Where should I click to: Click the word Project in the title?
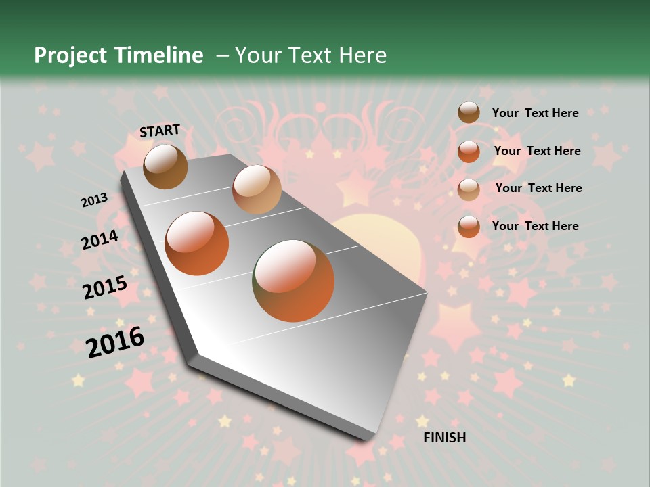pos(71,55)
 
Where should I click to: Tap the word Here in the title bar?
pos(362,55)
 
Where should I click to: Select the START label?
pos(160,131)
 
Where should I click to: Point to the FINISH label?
pos(445,438)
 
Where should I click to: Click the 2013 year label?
pos(94,200)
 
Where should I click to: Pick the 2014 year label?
pos(100,239)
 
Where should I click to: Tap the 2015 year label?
pos(104,287)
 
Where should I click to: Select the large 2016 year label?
pos(115,342)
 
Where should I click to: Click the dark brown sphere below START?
pos(165,166)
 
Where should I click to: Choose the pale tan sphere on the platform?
pos(257,189)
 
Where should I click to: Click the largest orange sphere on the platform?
pos(293,280)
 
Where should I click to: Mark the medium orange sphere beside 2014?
pos(197,243)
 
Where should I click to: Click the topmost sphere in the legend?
pos(469,113)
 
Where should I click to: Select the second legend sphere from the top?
pos(469,152)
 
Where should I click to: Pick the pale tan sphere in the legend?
pos(469,189)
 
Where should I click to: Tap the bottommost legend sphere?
pos(469,227)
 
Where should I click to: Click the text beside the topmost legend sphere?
pos(535,113)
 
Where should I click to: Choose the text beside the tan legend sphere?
pos(538,188)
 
